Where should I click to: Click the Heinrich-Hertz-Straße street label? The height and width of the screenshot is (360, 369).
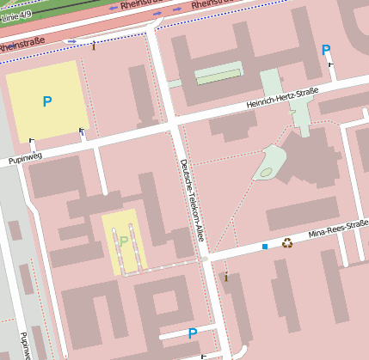(x=283, y=98)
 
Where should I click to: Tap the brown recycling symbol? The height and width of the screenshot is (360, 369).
(x=287, y=243)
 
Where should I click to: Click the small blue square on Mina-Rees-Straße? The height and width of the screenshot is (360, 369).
(x=265, y=247)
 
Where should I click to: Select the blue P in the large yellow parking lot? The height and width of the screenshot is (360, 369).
(x=46, y=102)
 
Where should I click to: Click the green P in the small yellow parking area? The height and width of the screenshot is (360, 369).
(x=124, y=241)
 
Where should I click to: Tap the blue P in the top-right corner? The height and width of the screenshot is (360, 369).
(x=326, y=51)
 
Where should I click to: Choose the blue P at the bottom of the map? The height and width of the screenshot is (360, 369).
(x=193, y=333)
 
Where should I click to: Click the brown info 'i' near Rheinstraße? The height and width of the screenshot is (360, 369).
(x=94, y=46)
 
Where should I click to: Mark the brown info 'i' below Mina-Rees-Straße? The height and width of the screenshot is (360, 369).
(x=226, y=277)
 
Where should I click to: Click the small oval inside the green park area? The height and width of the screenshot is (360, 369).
(x=266, y=173)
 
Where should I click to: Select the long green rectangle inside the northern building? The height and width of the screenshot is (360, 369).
(x=218, y=76)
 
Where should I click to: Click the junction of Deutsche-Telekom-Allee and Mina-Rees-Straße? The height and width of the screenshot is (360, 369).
(x=205, y=257)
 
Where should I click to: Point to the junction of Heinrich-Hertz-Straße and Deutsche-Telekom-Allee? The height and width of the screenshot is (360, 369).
(x=174, y=125)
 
